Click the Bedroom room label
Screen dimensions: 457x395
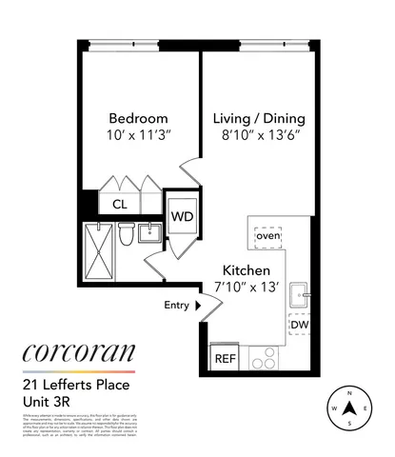click(139, 119)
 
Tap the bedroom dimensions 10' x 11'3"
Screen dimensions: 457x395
click(139, 134)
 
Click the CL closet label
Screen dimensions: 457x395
click(120, 204)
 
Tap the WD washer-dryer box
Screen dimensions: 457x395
click(182, 215)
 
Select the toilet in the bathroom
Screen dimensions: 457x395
click(125, 234)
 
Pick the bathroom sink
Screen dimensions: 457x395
click(151, 233)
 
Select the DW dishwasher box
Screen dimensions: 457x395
click(299, 326)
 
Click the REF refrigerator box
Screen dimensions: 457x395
click(226, 358)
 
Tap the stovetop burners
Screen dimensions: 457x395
click(263, 360)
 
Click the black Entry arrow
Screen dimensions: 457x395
click(198, 306)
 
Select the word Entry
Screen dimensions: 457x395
click(176, 306)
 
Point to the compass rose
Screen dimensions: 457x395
click(349, 410)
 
